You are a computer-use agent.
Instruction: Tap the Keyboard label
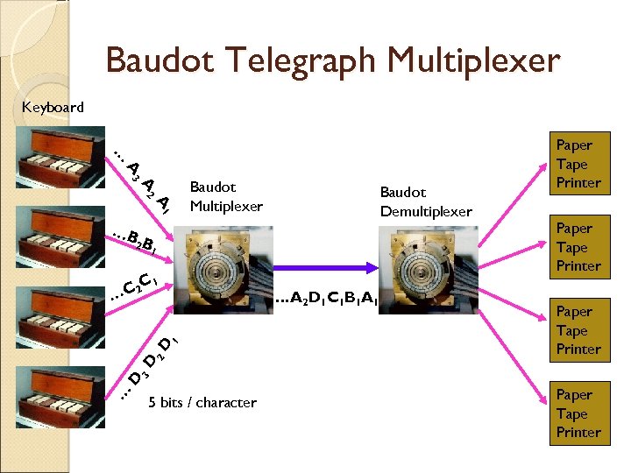[x=53, y=108]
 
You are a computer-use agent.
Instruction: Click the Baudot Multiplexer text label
[x=225, y=197]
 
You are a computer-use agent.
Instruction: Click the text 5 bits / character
[x=202, y=403]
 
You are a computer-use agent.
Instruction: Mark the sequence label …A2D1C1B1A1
[x=325, y=300]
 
